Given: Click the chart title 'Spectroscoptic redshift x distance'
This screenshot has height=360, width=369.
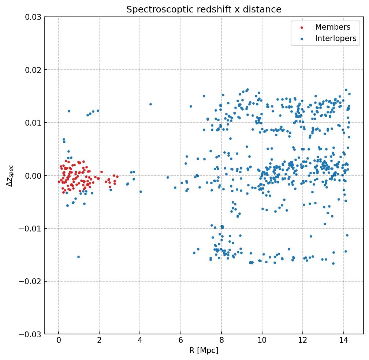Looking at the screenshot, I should click(x=204, y=10).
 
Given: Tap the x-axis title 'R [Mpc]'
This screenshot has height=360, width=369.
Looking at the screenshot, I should click(x=204, y=350).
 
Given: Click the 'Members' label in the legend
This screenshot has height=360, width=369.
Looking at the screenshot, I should click(x=333, y=27).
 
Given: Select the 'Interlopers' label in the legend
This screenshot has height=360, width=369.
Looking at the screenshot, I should click(x=336, y=38).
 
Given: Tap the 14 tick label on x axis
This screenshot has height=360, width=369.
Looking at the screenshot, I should click(x=343, y=340).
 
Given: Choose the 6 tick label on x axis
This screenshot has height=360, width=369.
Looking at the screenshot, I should click(x=180, y=340).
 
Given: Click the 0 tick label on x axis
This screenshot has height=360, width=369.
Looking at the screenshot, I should click(x=59, y=340).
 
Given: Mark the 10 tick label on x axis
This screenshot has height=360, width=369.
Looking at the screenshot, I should click(x=262, y=340).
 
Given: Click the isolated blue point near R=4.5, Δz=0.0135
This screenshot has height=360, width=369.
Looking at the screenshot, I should click(x=150, y=104).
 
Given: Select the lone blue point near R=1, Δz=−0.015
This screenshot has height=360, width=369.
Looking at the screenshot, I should click(x=78, y=257).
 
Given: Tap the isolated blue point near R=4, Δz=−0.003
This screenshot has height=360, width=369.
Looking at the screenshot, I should click(x=141, y=192).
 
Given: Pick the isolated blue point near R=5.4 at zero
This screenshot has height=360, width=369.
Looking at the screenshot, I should click(x=168, y=177).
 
